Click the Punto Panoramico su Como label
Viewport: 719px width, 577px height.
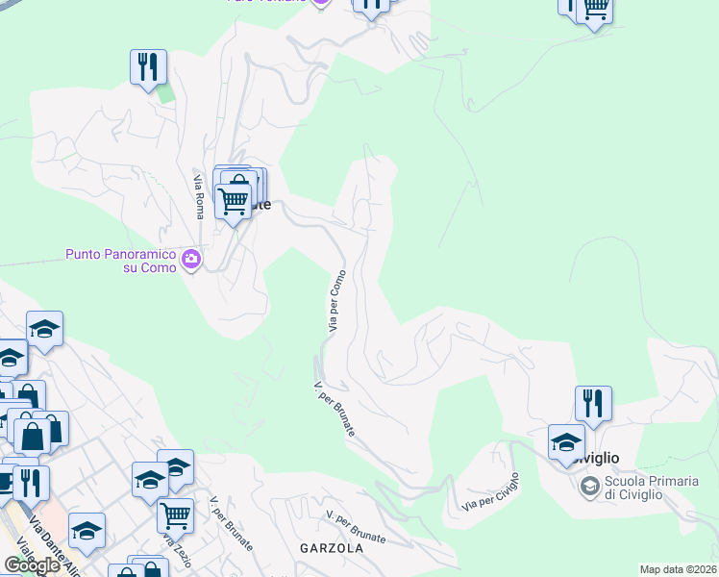(x=121, y=261)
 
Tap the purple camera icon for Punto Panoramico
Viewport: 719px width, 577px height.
(x=190, y=258)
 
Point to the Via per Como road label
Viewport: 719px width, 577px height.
(x=335, y=300)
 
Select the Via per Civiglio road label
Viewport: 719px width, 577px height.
(x=490, y=492)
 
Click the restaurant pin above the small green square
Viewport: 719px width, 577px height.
(x=148, y=67)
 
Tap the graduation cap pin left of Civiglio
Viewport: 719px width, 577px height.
(x=566, y=443)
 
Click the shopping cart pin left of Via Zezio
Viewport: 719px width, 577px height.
(x=175, y=515)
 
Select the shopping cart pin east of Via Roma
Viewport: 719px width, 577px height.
(x=233, y=201)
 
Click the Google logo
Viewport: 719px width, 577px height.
(x=31, y=565)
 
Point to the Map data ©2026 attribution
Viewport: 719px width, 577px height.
(x=679, y=569)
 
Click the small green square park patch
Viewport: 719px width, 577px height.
(x=165, y=93)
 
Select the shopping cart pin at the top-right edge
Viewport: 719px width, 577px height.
(x=595, y=9)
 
